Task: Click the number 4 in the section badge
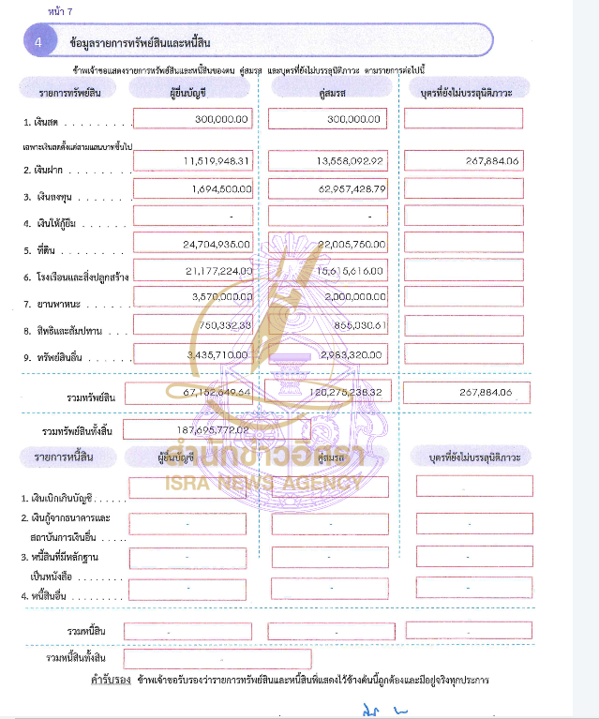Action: tap(38, 43)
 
